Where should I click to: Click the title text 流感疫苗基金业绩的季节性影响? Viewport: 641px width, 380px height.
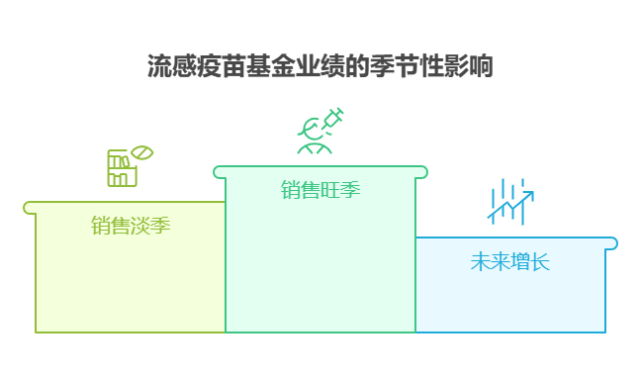coord(320,66)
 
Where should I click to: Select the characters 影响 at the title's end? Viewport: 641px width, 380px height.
coord(470,66)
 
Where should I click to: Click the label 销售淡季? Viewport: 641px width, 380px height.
coord(131,226)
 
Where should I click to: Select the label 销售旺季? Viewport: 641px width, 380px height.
coord(320,190)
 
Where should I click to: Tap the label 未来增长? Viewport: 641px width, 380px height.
coord(509,262)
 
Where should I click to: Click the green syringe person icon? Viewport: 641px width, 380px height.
coord(320,131)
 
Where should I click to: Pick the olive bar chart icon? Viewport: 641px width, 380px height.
coord(126,167)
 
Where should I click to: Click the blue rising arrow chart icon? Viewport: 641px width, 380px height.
coord(510,201)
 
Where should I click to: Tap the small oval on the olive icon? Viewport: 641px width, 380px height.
coord(142,153)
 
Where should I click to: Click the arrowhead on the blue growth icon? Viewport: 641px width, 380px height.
coord(529,195)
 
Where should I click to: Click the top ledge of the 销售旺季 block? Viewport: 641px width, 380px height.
coord(320,172)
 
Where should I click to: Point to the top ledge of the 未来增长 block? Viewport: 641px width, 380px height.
coord(514,242)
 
